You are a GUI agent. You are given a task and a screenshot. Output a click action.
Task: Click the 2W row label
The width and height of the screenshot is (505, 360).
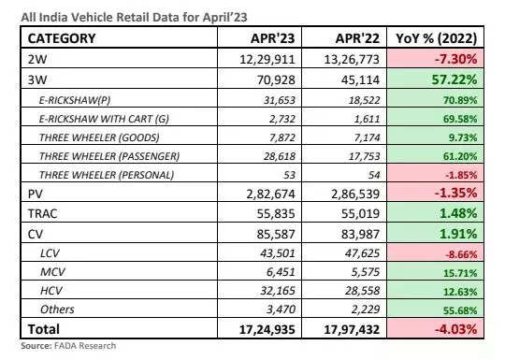41,58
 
